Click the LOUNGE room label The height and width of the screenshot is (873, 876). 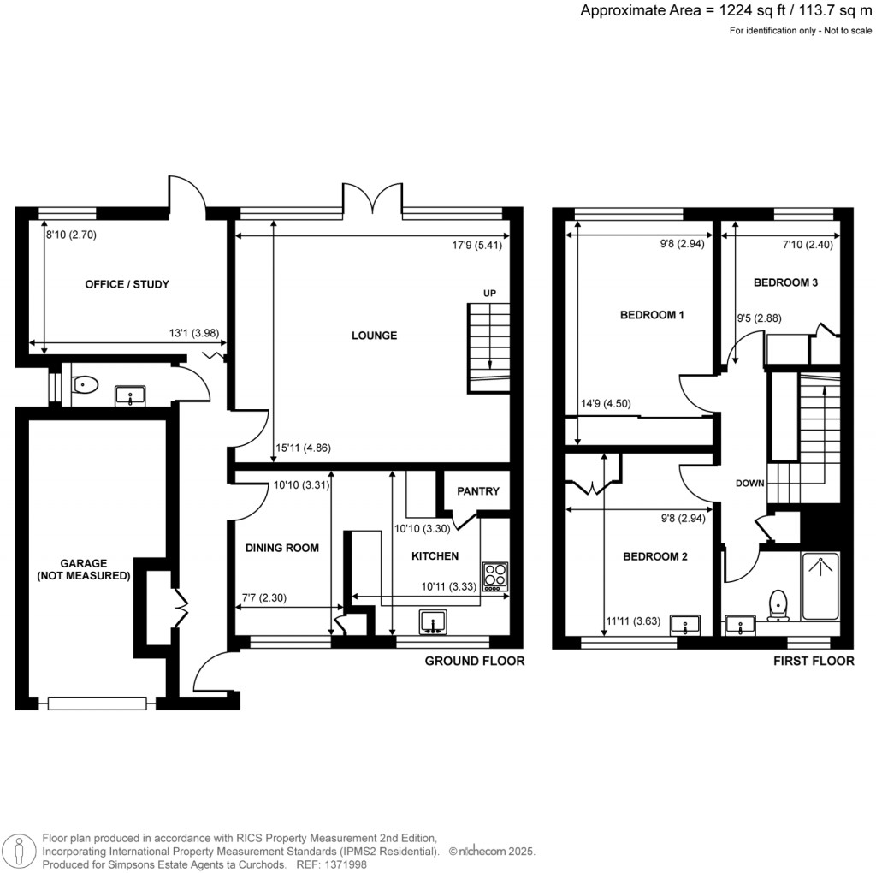click(374, 336)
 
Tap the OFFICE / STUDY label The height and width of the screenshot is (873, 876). click(127, 284)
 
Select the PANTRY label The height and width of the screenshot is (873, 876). click(477, 491)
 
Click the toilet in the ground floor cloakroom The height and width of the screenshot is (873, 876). click(84, 386)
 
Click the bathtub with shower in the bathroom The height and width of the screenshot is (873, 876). click(820, 585)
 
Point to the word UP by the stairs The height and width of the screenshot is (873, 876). click(490, 294)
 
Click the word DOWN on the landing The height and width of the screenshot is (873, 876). click(749, 484)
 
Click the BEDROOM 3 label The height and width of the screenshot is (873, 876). click(785, 282)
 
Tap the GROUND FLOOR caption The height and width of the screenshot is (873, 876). click(475, 662)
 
